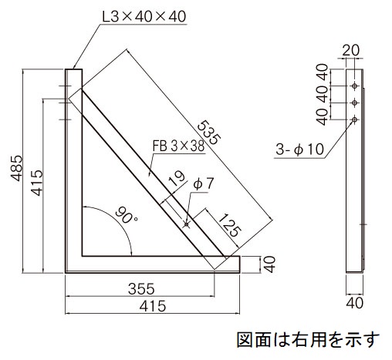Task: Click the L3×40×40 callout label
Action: coord(144,17)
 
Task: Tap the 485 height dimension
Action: coord(17,168)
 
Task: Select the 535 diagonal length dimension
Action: coord(209,133)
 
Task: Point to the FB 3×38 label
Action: coord(178,146)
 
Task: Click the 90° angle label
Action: coord(126,215)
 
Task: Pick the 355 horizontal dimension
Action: coord(141,288)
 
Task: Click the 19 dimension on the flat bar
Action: coord(177,178)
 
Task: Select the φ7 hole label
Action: coord(204,184)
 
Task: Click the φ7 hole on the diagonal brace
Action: coord(186,224)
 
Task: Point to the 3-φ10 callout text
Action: coord(299,150)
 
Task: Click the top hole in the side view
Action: coord(355,86)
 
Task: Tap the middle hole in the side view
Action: coord(355,103)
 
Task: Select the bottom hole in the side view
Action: coord(355,119)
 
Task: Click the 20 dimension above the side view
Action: coord(351,50)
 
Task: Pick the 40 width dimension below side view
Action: coord(354,303)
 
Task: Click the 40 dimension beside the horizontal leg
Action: coord(270,264)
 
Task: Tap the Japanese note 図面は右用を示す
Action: coord(308,340)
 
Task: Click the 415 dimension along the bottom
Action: coord(153,306)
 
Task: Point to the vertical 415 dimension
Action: coord(36,183)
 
